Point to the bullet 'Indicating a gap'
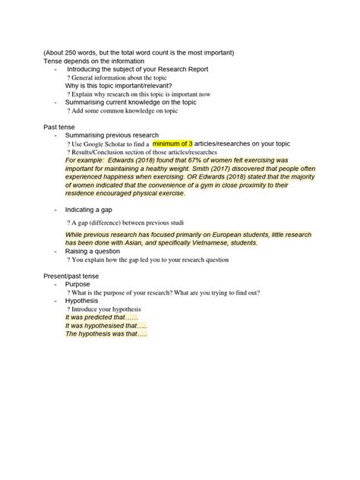click(x=95, y=208)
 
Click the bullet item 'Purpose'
click(x=78, y=283)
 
